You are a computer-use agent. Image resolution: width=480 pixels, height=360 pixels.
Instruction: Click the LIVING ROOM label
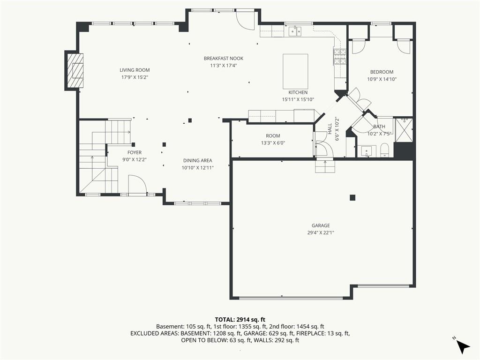click(135, 70)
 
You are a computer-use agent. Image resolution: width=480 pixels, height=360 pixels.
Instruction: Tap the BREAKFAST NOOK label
click(224, 58)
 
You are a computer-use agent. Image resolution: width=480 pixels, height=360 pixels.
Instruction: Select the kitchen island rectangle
click(295, 71)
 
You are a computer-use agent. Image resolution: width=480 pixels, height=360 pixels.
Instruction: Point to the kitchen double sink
click(295, 31)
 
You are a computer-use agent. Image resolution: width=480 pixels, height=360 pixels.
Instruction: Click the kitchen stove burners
click(340, 57)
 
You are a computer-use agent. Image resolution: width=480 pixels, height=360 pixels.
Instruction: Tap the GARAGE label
click(321, 225)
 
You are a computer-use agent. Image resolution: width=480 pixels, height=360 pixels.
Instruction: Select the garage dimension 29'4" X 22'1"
click(321, 232)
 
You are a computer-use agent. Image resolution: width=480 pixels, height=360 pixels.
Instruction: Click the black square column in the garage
click(352, 198)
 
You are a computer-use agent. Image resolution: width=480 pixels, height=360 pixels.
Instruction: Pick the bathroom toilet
click(384, 150)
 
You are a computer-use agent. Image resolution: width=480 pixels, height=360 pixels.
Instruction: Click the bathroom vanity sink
click(367, 151)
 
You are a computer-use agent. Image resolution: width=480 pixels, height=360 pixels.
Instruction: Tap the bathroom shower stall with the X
click(404, 130)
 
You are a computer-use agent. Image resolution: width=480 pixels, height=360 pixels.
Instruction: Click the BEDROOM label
click(382, 72)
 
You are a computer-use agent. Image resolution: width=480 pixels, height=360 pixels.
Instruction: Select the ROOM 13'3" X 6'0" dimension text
click(273, 142)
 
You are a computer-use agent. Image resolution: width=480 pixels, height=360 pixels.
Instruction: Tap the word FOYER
click(135, 152)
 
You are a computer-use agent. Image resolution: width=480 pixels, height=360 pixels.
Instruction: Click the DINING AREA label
click(198, 160)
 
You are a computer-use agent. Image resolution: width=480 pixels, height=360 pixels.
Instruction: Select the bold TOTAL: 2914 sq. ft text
click(240, 320)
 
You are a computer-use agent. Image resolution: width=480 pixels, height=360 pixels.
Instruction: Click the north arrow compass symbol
click(463, 346)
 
